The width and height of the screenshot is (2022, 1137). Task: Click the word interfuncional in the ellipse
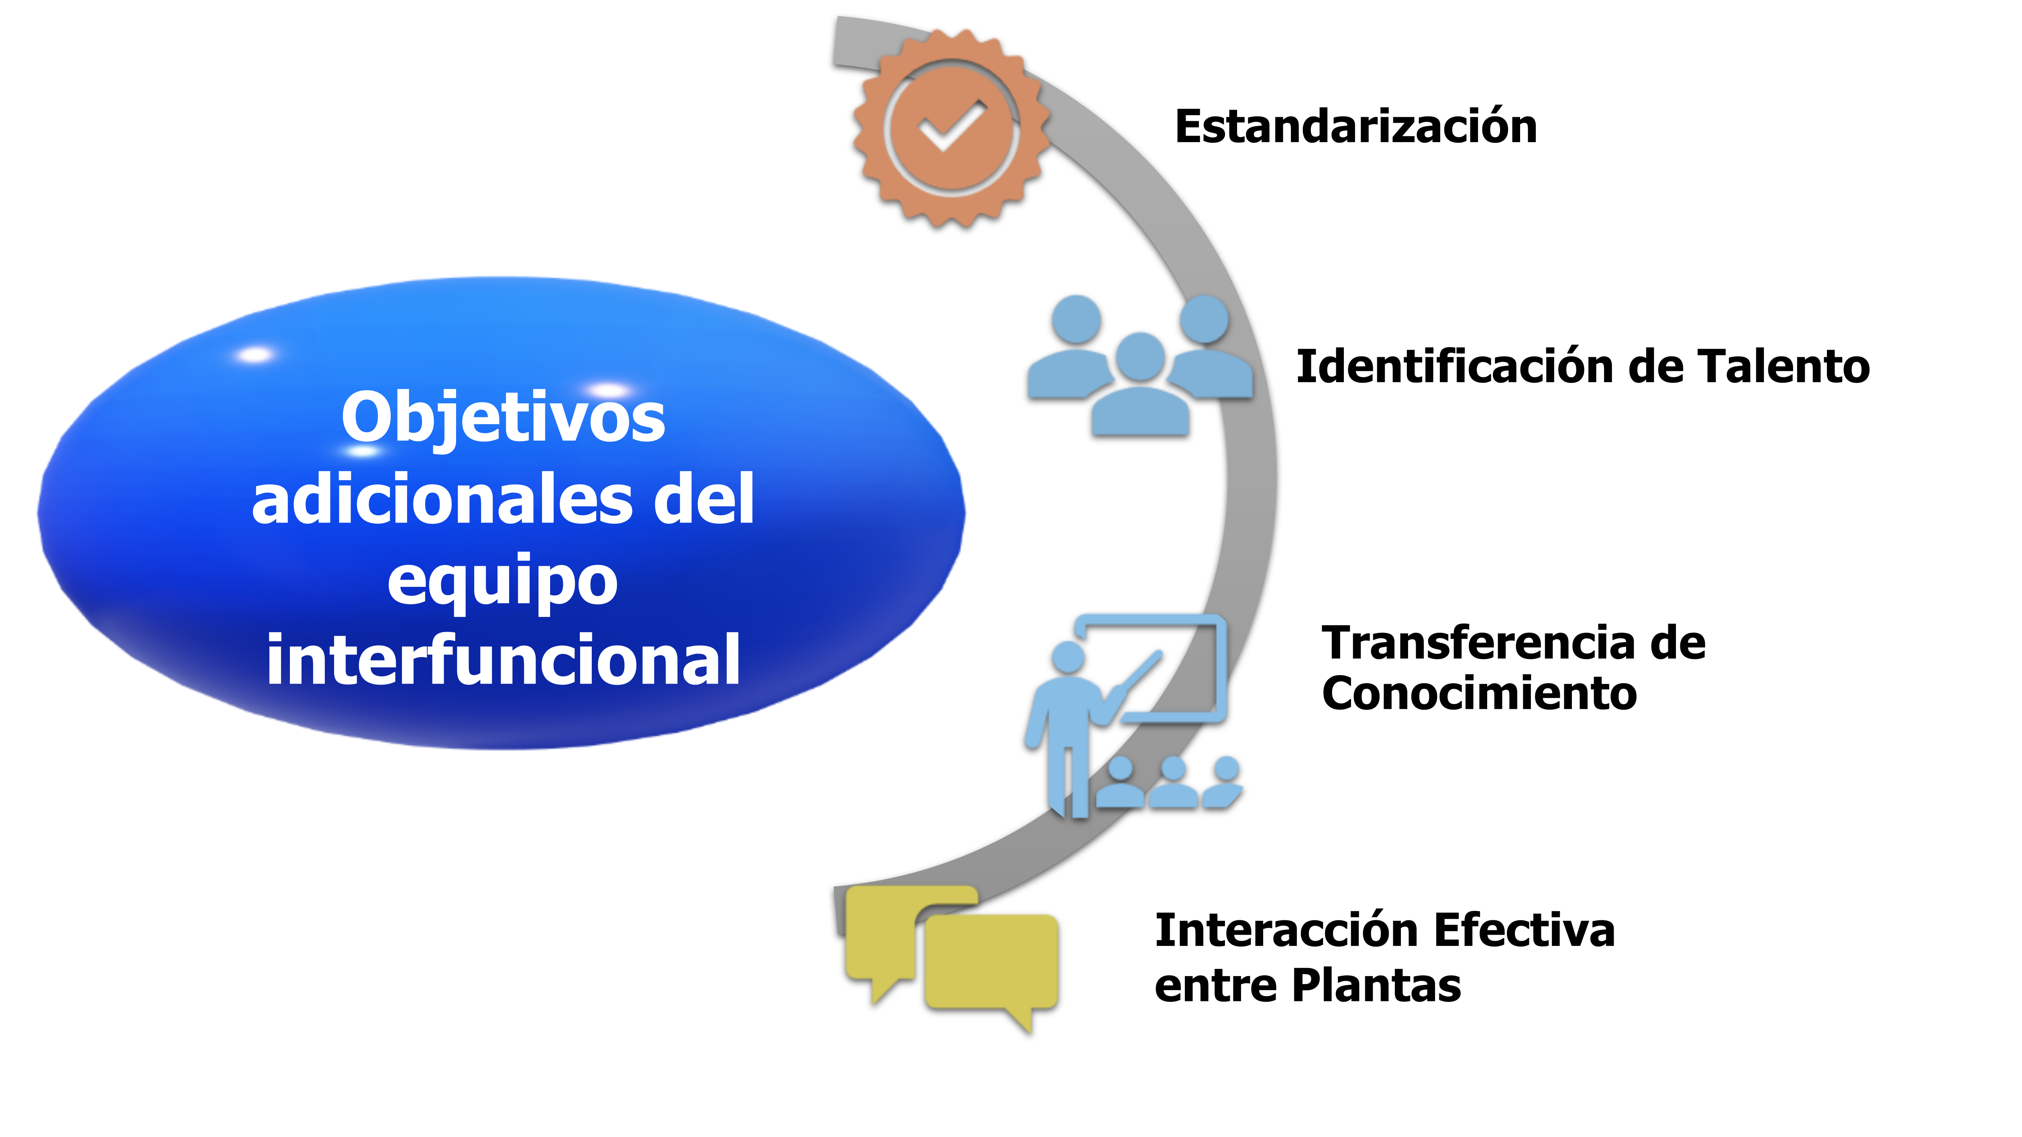[x=503, y=661]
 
